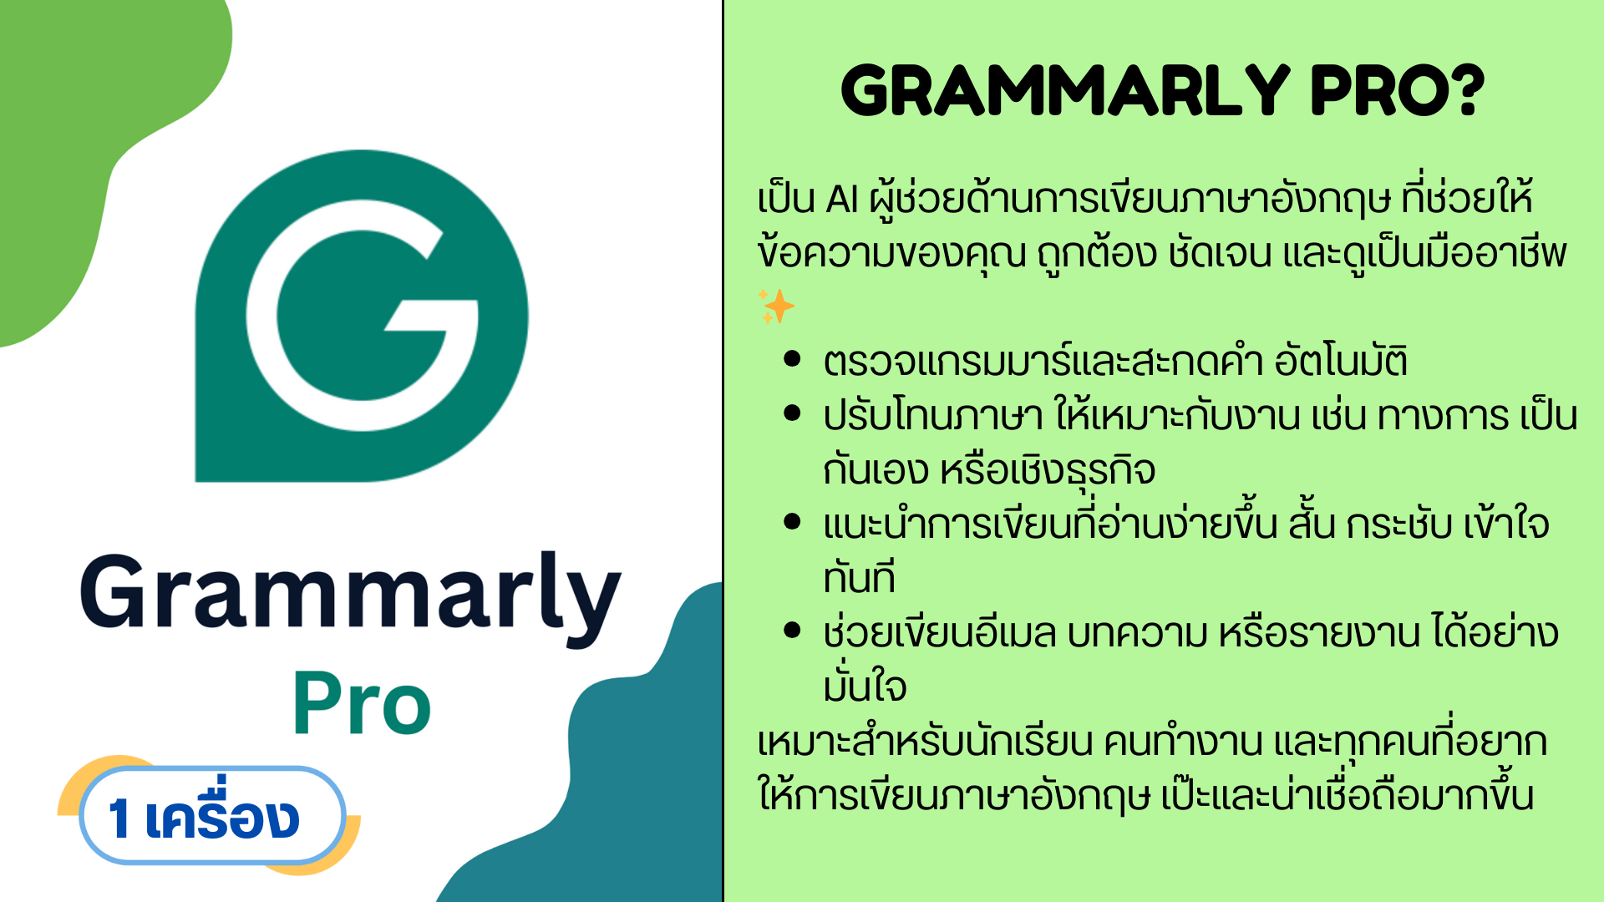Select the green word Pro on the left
[x=362, y=703]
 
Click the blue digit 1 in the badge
[x=119, y=818]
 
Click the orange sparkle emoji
[x=776, y=307]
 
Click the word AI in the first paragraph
[x=842, y=200]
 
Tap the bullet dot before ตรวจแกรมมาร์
[x=793, y=359]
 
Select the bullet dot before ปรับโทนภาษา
[x=793, y=413]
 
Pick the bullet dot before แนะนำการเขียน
[x=793, y=522]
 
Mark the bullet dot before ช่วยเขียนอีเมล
[x=793, y=631]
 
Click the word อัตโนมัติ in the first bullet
[x=1341, y=359]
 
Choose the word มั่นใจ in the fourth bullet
[x=865, y=685]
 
